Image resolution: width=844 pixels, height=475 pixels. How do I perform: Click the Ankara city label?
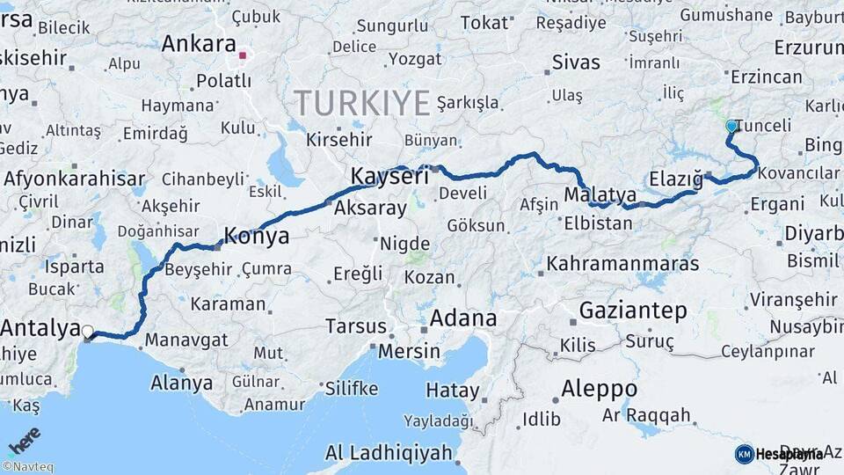tap(199, 44)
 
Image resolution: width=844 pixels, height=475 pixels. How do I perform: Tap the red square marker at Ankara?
tap(243, 56)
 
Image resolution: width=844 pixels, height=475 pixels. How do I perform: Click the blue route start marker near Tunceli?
tap(731, 127)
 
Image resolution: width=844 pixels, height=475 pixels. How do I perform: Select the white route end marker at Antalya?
tap(87, 332)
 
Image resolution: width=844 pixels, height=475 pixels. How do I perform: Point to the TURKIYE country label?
tap(362, 103)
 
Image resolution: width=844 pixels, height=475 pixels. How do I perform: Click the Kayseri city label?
tap(389, 176)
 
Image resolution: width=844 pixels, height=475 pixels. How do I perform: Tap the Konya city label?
tap(257, 236)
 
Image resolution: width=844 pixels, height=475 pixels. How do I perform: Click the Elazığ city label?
tap(676, 179)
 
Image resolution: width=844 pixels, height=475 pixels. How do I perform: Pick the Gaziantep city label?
tap(633, 310)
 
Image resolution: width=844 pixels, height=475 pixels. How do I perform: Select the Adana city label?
tap(463, 318)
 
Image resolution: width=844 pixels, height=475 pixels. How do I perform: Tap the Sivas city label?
tap(576, 62)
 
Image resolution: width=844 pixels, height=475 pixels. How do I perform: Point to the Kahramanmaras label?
tap(622, 263)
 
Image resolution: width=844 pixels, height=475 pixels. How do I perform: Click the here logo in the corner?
tap(24, 440)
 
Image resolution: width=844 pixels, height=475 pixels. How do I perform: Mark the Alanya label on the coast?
tap(182, 383)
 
